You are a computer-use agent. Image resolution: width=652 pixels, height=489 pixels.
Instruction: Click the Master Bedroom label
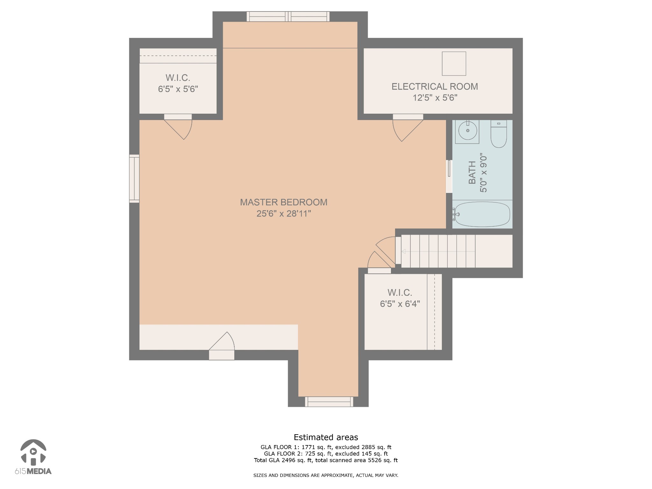coord(284,202)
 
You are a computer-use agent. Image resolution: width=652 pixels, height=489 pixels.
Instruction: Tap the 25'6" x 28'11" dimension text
coord(284,213)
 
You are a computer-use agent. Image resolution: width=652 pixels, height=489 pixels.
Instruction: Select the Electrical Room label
coord(435,87)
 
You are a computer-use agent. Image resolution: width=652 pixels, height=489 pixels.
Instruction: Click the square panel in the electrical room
coord(454,64)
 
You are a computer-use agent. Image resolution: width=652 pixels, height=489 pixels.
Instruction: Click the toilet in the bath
coord(499,134)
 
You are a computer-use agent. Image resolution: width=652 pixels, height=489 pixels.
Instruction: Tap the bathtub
coord(482,214)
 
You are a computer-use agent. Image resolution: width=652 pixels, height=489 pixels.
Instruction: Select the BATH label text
coord(472,173)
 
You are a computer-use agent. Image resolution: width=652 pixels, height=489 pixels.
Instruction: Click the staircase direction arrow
coord(438,252)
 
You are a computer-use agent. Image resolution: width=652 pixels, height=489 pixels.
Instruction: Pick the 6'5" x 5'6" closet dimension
coord(178,89)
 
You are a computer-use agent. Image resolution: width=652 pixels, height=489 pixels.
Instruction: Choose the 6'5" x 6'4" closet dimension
coord(400,304)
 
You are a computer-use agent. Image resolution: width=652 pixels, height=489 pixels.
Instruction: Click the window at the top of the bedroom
coord(288,17)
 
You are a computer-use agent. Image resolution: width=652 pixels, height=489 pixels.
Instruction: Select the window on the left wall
coord(134,179)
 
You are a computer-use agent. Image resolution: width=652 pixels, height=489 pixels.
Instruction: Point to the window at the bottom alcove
coord(329,402)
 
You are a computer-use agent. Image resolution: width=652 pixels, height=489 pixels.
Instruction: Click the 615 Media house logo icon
coord(33,452)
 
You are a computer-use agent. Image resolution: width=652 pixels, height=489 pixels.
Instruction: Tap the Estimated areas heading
coord(326,437)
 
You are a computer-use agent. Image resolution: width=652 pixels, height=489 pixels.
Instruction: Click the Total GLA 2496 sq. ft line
coord(326,460)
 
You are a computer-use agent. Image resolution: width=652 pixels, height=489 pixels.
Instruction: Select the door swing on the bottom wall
coord(222,345)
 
